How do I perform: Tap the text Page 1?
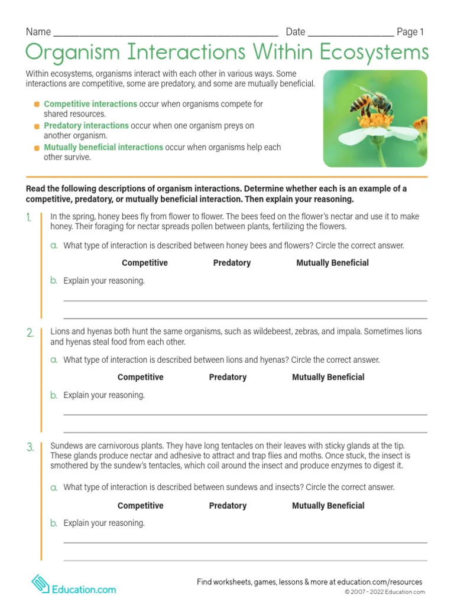[410, 32]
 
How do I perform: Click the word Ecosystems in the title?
[374, 53]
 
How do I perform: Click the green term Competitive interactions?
[90, 104]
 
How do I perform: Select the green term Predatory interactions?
[86, 126]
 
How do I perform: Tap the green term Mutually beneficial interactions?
[103, 147]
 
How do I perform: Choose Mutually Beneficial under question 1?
[332, 263]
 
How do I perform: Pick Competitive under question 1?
[145, 263]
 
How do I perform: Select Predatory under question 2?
[228, 377]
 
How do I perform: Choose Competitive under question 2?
[141, 377]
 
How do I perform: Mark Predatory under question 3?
[228, 506]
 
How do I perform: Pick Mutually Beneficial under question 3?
[328, 506]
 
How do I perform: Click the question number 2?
[30, 333]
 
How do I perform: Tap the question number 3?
[30, 447]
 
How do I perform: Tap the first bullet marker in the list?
[37, 104]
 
